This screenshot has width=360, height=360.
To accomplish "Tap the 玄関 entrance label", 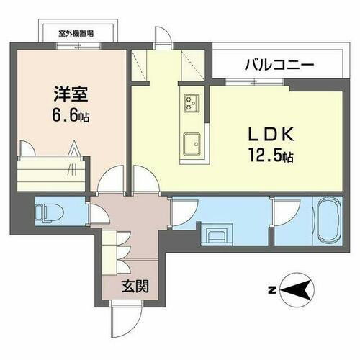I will [x=135, y=287].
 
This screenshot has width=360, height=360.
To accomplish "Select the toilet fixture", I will [x=50, y=212].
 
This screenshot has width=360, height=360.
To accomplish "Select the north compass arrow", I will [x=300, y=291].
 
